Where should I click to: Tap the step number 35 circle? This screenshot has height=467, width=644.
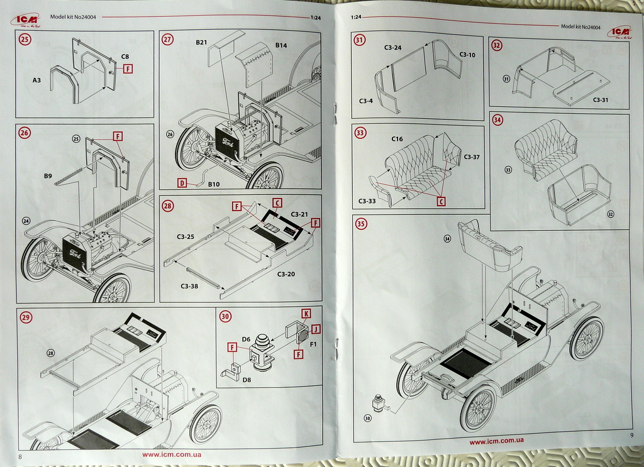tap(361, 224)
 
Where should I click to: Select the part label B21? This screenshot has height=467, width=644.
tap(201, 43)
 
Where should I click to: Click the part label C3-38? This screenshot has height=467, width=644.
tap(189, 287)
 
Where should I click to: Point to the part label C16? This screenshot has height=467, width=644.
tap(397, 139)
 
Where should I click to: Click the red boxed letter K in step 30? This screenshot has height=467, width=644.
tap(306, 313)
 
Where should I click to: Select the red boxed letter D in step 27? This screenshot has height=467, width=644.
tap(182, 184)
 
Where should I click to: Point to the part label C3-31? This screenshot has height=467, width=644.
tap(601, 100)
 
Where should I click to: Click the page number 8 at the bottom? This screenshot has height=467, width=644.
tap(21, 456)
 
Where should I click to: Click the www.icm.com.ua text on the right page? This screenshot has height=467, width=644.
tap(496, 442)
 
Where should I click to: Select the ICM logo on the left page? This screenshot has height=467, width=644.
tap(25, 19)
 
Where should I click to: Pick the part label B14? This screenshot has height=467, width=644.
tap(281, 46)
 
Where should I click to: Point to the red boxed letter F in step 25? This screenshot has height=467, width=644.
tap(128, 69)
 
